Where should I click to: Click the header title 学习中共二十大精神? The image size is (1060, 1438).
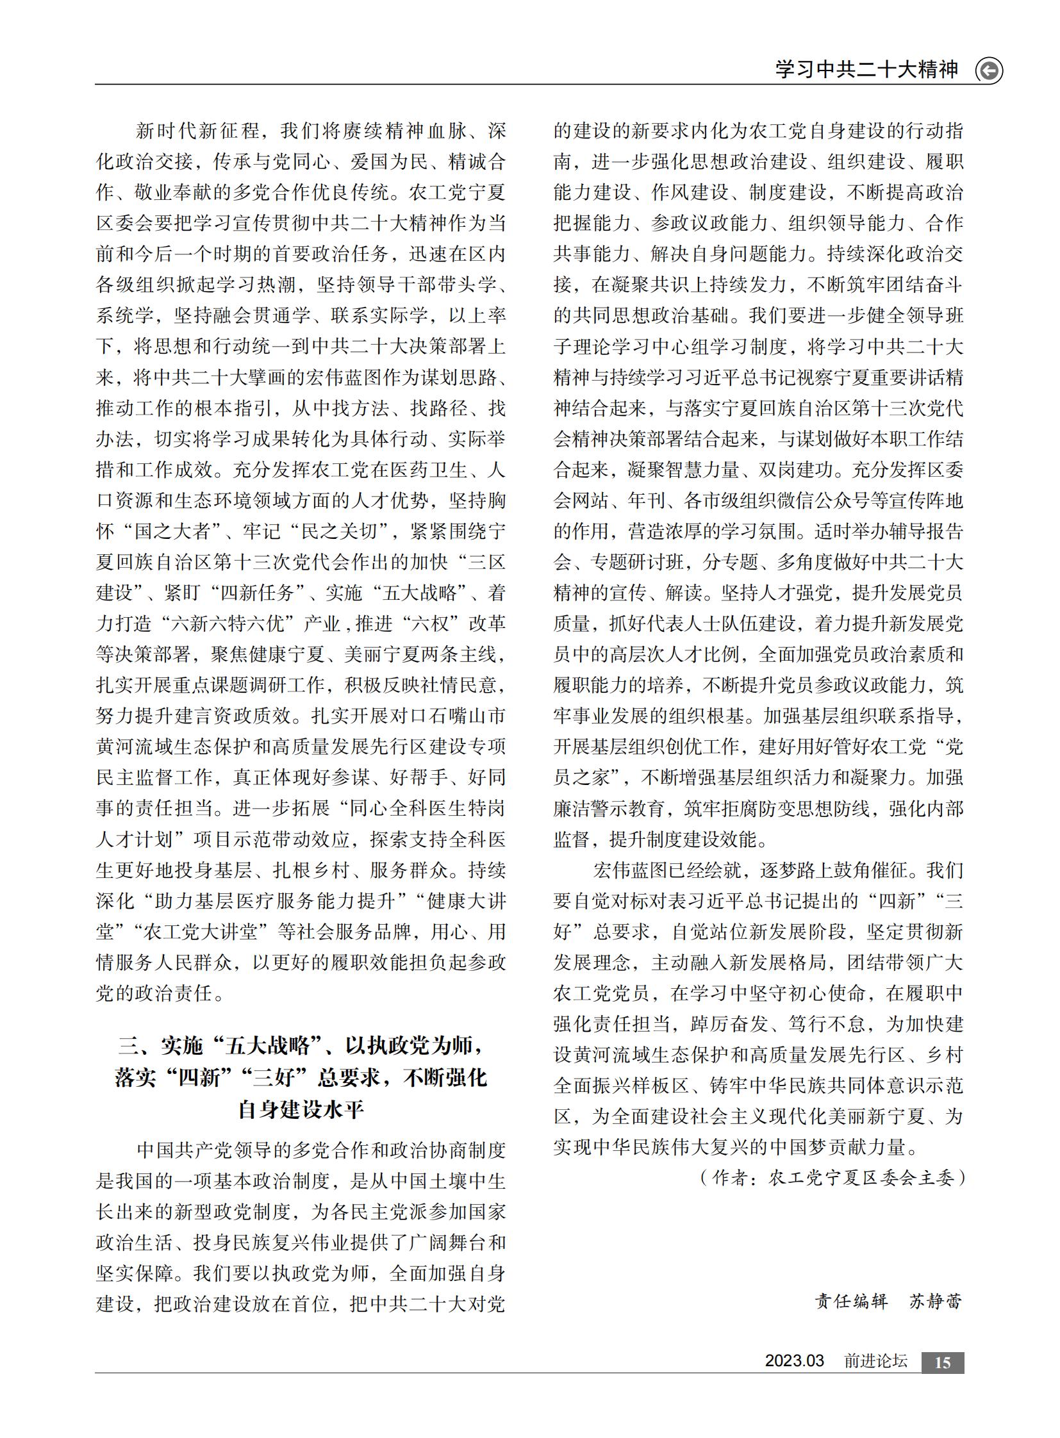866,69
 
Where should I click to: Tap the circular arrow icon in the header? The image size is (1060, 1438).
989,70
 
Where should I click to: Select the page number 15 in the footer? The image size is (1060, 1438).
943,1363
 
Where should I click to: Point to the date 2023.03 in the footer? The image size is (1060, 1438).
793,1361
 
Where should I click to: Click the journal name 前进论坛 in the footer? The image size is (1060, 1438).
876,1362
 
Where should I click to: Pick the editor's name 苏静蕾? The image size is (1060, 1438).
936,1302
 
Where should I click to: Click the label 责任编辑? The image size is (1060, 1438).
851,1302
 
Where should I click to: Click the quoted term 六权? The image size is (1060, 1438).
426,624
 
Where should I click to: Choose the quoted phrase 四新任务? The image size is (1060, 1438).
256,593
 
